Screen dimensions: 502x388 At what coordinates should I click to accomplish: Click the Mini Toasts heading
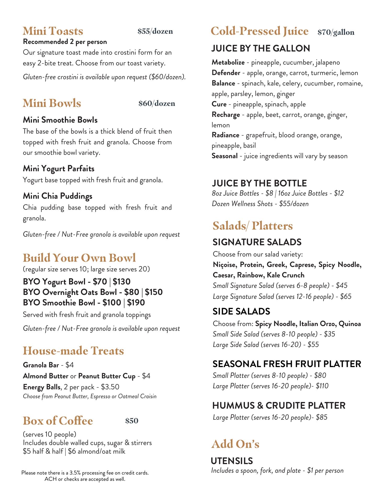(53, 31)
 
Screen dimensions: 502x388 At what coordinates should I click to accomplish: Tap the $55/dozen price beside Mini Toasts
(155, 31)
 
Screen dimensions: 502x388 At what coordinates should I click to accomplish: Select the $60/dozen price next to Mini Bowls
(157, 104)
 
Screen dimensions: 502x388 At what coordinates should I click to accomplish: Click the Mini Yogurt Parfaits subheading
(59, 169)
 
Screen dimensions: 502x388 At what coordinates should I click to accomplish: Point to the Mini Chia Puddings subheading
(58, 196)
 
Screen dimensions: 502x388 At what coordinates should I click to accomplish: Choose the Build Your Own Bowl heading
(79, 258)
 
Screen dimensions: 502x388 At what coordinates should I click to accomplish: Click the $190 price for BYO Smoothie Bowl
(136, 303)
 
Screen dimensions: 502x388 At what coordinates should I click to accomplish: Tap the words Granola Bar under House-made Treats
(41, 365)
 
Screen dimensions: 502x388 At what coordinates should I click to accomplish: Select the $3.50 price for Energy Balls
(110, 387)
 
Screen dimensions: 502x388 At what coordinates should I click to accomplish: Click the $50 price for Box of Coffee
(132, 421)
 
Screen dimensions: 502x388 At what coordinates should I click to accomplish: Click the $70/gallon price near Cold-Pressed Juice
(336, 32)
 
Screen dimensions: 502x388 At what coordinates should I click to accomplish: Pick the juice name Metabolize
(228, 62)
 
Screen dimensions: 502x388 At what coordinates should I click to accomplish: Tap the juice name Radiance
(225, 135)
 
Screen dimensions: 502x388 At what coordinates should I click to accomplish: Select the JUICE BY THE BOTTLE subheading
(259, 183)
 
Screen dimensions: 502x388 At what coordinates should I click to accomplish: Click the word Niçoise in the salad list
(225, 265)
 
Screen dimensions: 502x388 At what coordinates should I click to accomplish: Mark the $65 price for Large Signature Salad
(346, 296)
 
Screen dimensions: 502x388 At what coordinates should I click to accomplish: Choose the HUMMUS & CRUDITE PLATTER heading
(279, 406)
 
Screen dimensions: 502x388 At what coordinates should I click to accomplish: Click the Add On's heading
(235, 444)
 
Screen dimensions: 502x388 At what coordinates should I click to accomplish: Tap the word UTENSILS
(232, 461)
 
